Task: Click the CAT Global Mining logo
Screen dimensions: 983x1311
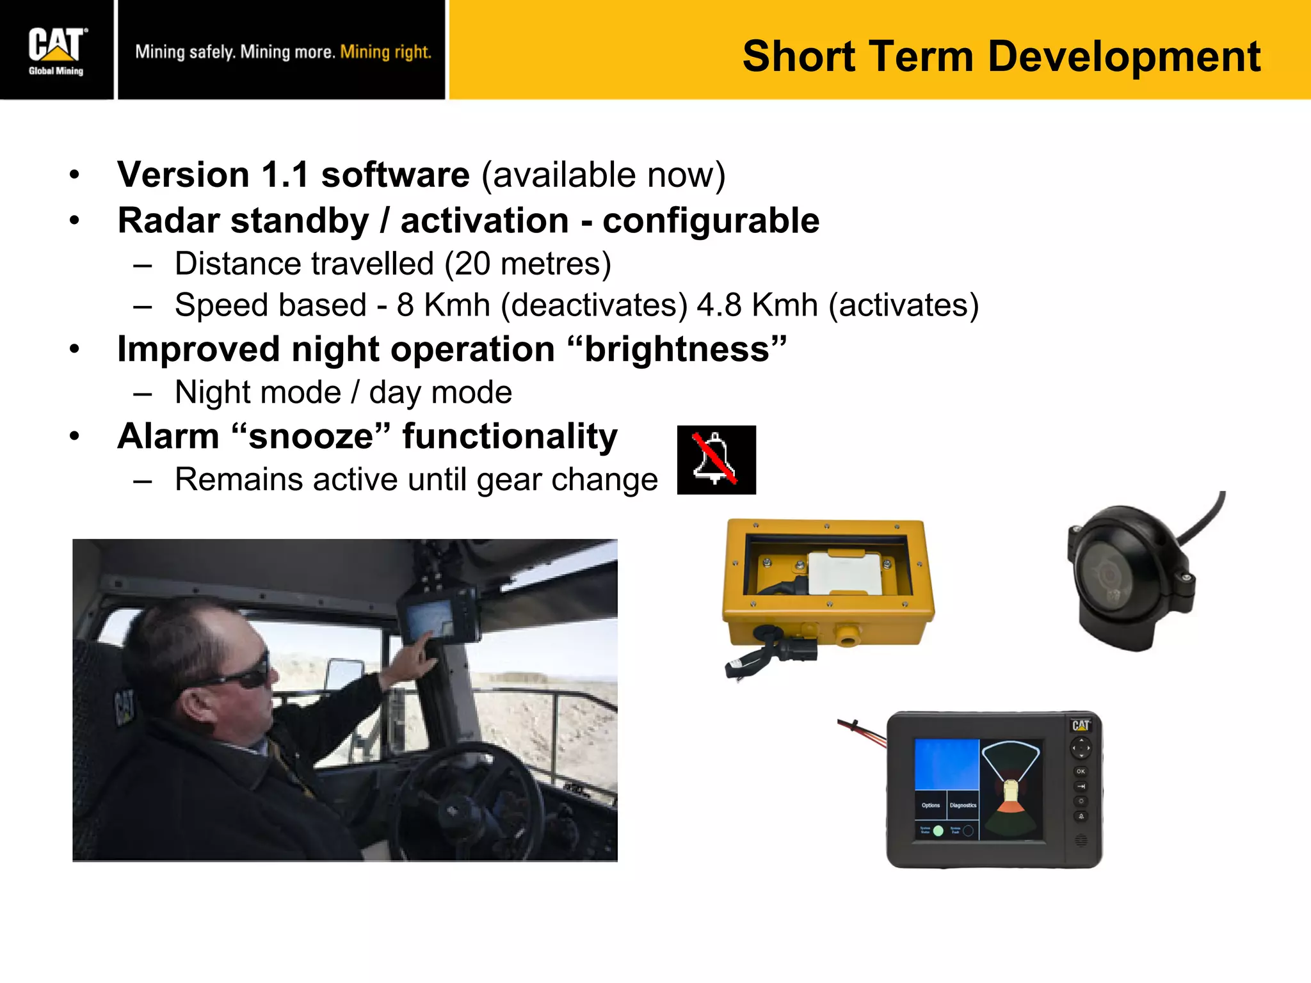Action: tap(56, 51)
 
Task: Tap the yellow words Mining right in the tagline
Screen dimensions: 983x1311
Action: tap(385, 52)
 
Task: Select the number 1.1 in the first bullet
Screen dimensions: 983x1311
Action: tap(285, 175)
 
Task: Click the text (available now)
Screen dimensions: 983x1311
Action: tap(603, 175)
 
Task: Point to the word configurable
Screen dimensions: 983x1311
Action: tap(711, 221)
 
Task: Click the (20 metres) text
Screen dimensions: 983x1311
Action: tap(527, 264)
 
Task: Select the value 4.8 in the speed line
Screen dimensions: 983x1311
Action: tap(720, 305)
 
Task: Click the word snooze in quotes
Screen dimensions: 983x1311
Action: tap(310, 436)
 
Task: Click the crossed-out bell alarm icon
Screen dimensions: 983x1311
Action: tap(716, 460)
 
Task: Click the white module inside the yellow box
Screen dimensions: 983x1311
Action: tap(844, 572)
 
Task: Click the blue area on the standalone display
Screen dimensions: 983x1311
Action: tap(946, 764)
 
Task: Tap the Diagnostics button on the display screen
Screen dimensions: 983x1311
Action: tap(963, 806)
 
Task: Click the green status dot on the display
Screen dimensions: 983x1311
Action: tap(938, 831)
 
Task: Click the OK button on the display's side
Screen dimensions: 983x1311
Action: tap(1081, 771)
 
